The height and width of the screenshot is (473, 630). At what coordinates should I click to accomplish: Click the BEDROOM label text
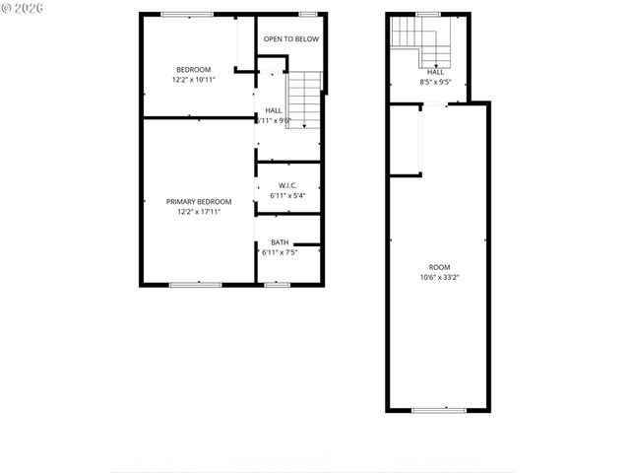click(x=193, y=69)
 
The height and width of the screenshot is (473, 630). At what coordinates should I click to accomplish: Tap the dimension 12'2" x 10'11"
click(x=193, y=79)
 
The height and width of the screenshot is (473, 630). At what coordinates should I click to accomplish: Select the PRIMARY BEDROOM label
click(x=199, y=201)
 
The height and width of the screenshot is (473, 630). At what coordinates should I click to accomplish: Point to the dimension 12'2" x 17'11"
click(x=199, y=211)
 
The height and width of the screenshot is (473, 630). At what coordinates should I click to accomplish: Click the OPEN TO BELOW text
click(x=290, y=39)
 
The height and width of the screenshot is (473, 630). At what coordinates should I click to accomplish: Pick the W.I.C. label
click(x=287, y=185)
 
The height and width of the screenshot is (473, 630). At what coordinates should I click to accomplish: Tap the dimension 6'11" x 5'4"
click(x=287, y=195)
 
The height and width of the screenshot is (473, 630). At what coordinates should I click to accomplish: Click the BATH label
click(x=281, y=242)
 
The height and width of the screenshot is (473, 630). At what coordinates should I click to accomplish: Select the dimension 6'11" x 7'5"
click(x=280, y=252)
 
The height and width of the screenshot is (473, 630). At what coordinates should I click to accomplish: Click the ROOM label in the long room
click(x=439, y=267)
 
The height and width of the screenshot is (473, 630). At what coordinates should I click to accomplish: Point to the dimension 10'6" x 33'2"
click(x=439, y=277)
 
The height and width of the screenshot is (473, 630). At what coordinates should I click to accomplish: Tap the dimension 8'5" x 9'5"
click(x=434, y=83)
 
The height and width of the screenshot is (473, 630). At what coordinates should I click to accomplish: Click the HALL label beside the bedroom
click(x=274, y=110)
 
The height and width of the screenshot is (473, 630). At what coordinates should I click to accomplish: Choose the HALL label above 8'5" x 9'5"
click(x=435, y=72)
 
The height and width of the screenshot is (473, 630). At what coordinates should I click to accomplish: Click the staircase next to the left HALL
click(x=307, y=99)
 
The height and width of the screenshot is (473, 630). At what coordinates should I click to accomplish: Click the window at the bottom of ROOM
click(x=439, y=409)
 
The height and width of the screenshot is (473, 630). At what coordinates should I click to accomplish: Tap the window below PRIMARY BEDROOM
click(x=195, y=284)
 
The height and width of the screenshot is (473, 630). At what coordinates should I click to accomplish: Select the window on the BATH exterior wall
click(x=277, y=284)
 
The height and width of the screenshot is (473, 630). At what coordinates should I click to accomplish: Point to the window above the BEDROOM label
click(x=189, y=14)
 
